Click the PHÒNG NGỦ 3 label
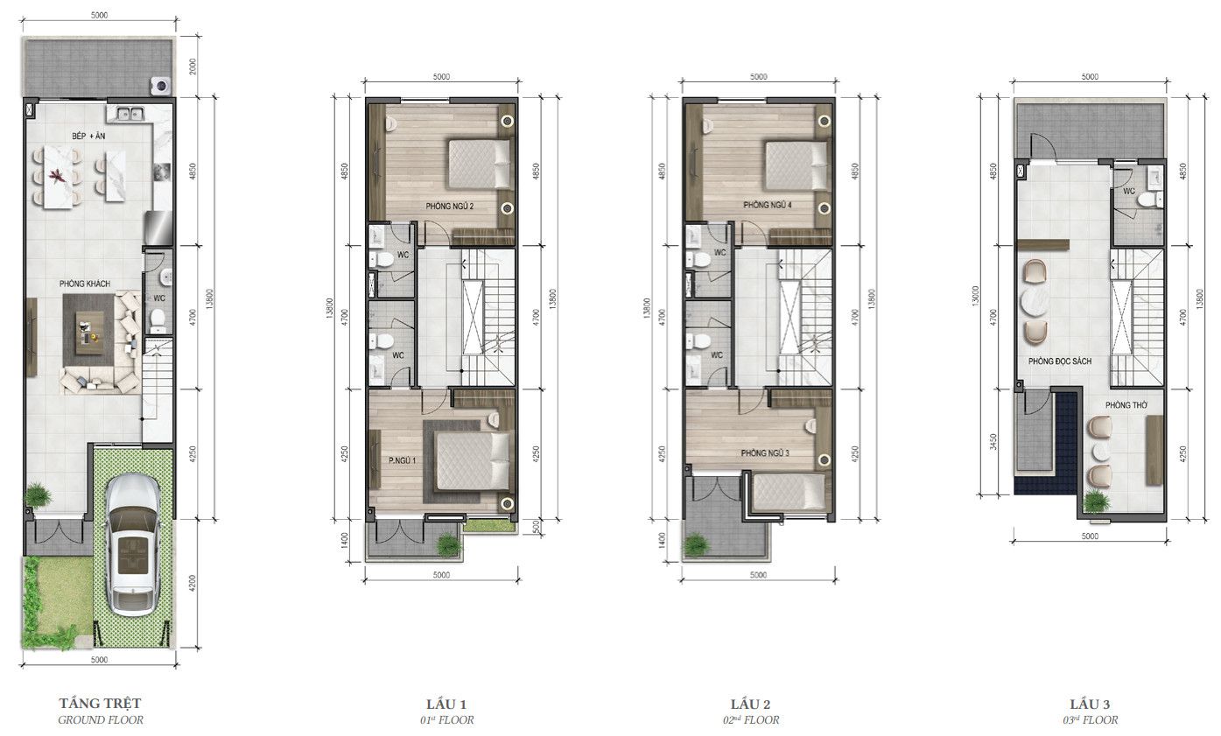click(x=765, y=453)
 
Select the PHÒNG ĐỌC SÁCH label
click(x=1059, y=361)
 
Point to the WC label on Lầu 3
click(x=1129, y=190)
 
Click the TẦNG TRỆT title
click(x=100, y=703)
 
